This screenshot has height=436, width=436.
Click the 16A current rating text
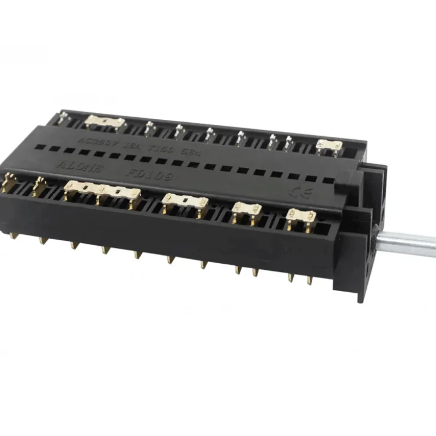(x=132, y=146)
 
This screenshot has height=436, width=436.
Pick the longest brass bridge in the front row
(x=102, y=191)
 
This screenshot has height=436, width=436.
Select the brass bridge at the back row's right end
(x=329, y=146)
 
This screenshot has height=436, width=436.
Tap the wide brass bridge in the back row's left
(x=104, y=122)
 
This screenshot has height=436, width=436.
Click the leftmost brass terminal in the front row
(x=8, y=182)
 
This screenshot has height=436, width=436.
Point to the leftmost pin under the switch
(x=12, y=235)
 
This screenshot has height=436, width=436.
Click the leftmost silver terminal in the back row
(x=65, y=117)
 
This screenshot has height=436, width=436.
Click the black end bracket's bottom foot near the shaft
(x=361, y=295)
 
